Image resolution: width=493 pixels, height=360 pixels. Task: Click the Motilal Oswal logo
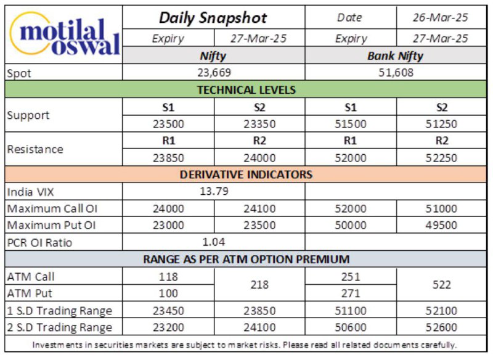point(65,35)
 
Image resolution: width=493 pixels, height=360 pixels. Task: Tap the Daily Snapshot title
point(213,18)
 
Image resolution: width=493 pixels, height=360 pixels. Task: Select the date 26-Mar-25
point(441,18)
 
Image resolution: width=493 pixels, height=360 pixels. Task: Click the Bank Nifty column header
point(395,56)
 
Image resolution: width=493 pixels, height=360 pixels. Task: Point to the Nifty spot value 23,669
point(214,73)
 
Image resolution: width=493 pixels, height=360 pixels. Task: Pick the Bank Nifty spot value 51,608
point(396,73)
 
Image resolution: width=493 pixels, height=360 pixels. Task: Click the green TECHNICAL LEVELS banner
point(246,90)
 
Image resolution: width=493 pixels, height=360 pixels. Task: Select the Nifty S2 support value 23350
point(259,124)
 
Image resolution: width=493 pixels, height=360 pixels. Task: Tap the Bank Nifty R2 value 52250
point(441,158)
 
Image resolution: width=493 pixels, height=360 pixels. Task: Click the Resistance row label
point(35,149)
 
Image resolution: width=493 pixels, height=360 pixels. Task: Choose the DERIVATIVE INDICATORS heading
point(246,174)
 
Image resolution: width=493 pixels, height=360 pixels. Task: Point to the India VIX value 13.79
point(214,191)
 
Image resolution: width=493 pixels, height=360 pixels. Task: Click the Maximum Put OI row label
point(51,225)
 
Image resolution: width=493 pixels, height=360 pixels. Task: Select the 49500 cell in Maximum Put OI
point(441,225)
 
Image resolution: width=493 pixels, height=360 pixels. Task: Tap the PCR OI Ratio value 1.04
point(214,242)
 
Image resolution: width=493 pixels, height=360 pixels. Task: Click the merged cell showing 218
point(259,285)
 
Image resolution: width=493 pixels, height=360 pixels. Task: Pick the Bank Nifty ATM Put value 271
point(350,293)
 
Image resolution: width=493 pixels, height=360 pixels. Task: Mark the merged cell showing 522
point(441,285)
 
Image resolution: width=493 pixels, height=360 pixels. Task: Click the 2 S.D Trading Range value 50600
point(350,327)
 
